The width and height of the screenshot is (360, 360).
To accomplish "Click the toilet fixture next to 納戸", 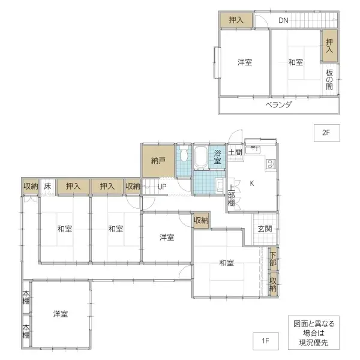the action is coord(184,154).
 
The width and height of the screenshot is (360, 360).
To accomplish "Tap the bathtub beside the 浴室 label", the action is coord(201,157).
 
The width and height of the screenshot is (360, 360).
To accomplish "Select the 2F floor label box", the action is coord(327,133).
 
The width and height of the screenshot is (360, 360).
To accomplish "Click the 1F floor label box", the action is coord(266,341).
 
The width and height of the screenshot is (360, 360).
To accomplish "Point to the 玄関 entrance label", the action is coord(265,229).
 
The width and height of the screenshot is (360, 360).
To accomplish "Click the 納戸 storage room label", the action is coord(158,161).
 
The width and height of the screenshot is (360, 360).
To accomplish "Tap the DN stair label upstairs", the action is coord(283,20).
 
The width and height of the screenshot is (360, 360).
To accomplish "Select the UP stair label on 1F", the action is coord(162,187).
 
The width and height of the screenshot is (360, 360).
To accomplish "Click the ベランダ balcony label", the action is coord(278,105).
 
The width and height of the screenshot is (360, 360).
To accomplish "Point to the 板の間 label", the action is coord(329,80).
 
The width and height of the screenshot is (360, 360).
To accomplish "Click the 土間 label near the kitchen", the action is coord(235,152).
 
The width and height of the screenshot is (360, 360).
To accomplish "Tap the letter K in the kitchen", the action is coord(252,183).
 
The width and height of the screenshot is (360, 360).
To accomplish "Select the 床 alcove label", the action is coord(47,186).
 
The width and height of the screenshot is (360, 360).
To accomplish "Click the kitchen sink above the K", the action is coord(253,150).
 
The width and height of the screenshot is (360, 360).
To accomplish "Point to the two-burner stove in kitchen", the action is coord(271,164).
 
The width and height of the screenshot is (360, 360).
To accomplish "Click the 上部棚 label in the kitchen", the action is coord(232,196).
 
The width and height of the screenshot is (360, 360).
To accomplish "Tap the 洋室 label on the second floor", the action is coord(245,62).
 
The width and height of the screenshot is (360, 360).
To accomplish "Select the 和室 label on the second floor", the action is coord(296,62).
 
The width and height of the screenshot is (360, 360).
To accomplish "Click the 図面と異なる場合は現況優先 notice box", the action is coord(314,332).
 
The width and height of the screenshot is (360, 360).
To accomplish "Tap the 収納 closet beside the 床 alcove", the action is coord(31,186).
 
